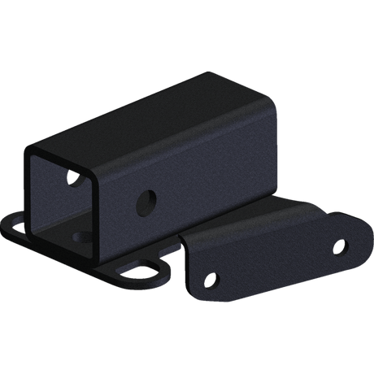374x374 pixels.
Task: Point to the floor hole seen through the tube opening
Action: click(84, 235)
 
